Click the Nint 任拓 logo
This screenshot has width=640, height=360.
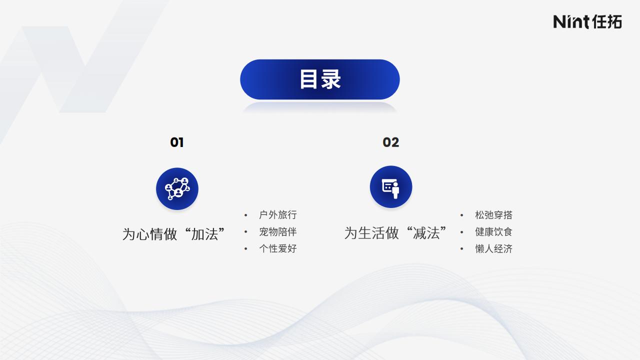pyautogui.click(x=587, y=21)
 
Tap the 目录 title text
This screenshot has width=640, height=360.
pyautogui.click(x=320, y=79)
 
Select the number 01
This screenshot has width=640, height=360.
pyautogui.click(x=177, y=142)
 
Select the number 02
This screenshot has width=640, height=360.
pyautogui.click(x=391, y=142)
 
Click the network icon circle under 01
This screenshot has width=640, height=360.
pyautogui.click(x=177, y=189)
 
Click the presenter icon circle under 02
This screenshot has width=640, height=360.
pyautogui.click(x=391, y=187)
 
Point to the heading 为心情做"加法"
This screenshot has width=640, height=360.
pyautogui.click(x=173, y=234)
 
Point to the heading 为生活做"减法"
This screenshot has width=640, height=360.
pyautogui.click(x=395, y=233)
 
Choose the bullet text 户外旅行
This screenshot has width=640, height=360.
pyautogui.click(x=278, y=215)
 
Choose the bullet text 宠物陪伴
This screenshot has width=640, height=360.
pyautogui.click(x=278, y=231)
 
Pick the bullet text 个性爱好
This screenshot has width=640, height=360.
pyautogui.click(x=278, y=248)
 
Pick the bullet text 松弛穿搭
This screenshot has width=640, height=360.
pyautogui.click(x=493, y=215)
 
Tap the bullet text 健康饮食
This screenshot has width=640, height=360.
pyautogui.click(x=493, y=231)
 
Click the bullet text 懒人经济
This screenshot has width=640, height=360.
pyautogui.click(x=493, y=248)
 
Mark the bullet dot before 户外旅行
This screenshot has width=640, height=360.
pyautogui.click(x=245, y=215)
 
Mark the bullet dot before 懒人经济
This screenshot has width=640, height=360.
pyautogui.click(x=461, y=249)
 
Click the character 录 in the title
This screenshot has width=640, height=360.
pyautogui.click(x=331, y=79)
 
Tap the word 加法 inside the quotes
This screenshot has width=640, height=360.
pyautogui.click(x=204, y=234)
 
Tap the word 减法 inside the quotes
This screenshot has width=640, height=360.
pyautogui.click(x=426, y=233)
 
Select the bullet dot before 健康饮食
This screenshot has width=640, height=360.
pyautogui.click(x=461, y=232)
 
